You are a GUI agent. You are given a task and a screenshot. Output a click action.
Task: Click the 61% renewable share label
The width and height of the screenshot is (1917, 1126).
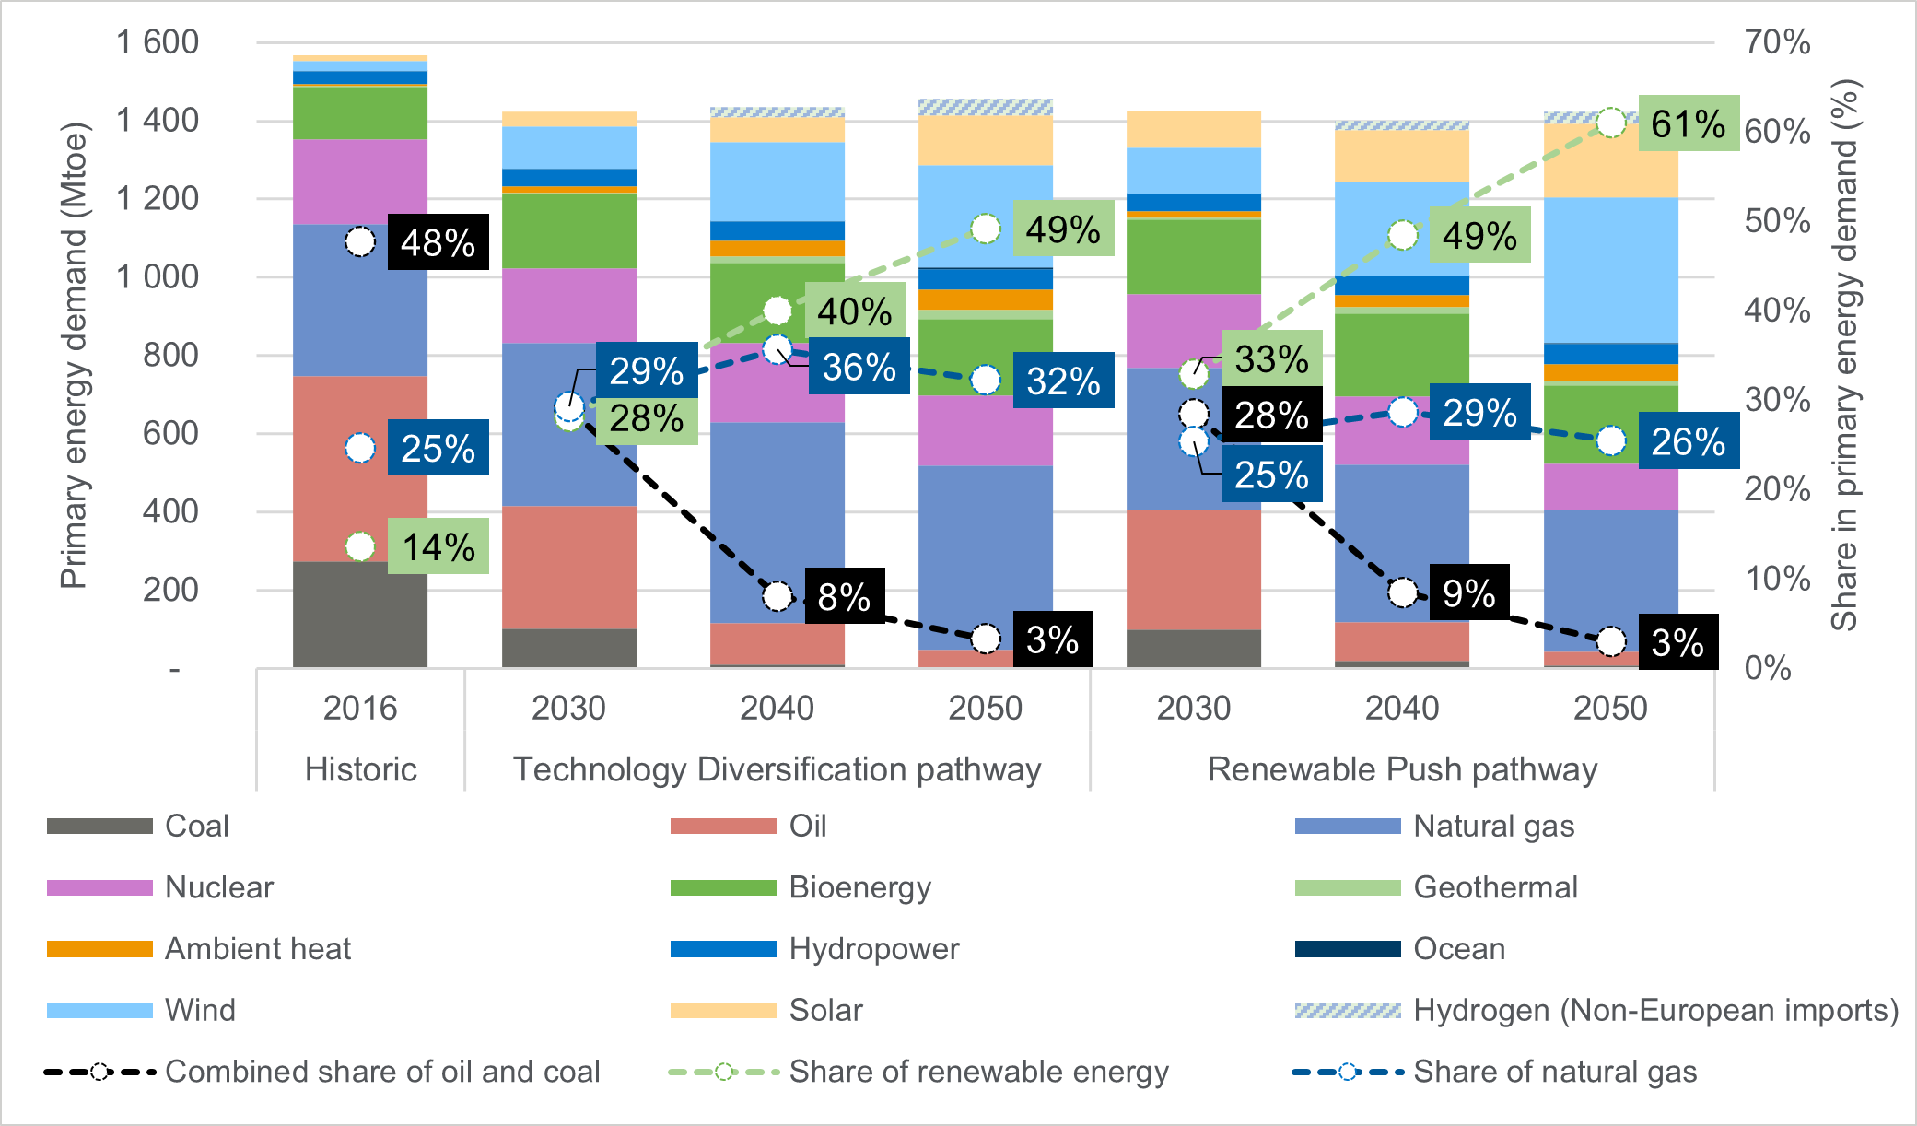click(x=1688, y=123)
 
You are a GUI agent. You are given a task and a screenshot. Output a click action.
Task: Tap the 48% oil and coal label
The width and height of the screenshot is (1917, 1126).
click(x=438, y=242)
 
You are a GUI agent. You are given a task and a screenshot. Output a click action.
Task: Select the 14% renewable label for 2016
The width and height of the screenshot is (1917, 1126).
click(x=438, y=546)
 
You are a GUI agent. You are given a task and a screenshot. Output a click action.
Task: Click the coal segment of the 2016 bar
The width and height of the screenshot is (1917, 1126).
click(x=360, y=615)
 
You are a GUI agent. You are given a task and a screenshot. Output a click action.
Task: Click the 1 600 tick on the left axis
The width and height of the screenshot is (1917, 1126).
click(x=158, y=42)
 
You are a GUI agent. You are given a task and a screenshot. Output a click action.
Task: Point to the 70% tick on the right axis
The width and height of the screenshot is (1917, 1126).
click(x=1776, y=42)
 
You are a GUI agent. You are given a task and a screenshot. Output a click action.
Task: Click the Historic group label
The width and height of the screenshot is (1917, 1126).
click(x=360, y=769)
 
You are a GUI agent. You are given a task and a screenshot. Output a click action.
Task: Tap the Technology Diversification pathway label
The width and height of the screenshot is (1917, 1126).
click(x=777, y=769)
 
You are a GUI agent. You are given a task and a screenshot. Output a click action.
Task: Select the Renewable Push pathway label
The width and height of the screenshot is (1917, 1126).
click(x=1402, y=769)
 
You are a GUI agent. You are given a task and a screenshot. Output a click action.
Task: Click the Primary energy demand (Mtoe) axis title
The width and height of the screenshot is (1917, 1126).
click(x=73, y=356)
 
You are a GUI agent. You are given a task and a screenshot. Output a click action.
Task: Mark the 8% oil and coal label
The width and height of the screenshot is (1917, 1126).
click(x=844, y=596)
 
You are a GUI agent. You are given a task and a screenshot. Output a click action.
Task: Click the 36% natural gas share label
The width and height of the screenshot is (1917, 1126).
click(x=859, y=367)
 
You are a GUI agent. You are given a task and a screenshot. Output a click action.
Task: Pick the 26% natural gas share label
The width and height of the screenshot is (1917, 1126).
click(x=1688, y=441)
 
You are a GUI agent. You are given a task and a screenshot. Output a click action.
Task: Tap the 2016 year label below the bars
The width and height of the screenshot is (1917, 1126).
click(x=360, y=709)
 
